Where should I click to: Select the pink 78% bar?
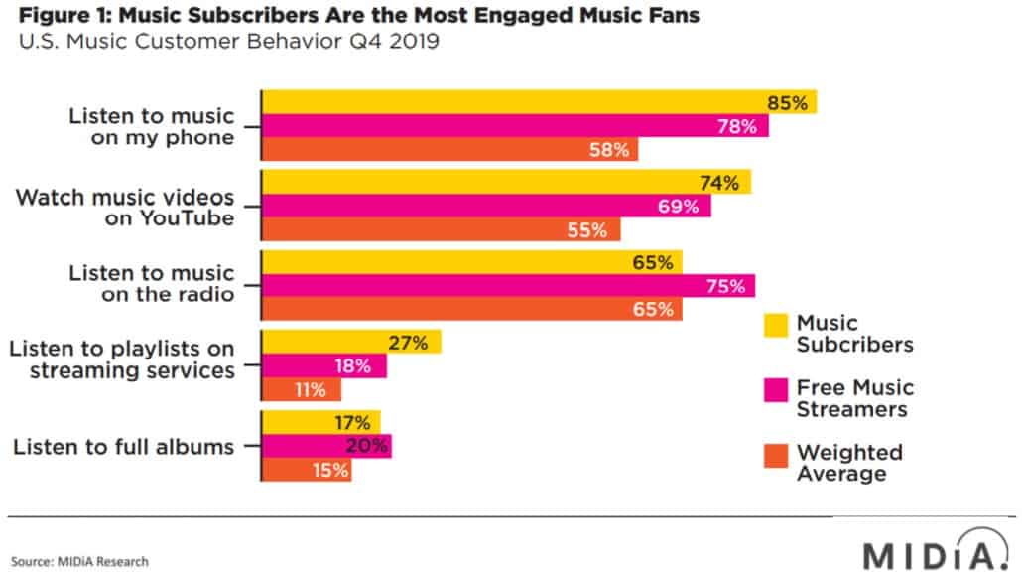[x=514, y=126]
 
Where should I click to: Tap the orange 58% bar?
[x=449, y=150]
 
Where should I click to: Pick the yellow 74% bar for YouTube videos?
[x=505, y=183]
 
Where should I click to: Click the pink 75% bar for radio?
[x=507, y=286]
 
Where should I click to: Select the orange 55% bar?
[x=440, y=229]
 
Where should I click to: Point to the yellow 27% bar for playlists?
[x=350, y=343]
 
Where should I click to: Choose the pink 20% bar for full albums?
[x=326, y=446]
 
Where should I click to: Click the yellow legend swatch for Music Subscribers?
[x=775, y=325]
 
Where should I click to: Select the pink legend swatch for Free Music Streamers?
[x=775, y=389]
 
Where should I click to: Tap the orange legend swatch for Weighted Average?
[x=775, y=455]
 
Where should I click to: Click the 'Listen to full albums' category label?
[x=124, y=447]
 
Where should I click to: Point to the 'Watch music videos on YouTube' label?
[x=125, y=207]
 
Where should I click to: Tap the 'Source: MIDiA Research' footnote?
[x=80, y=561]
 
